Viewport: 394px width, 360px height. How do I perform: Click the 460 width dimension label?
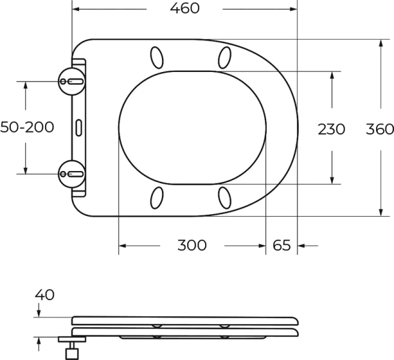[185, 8]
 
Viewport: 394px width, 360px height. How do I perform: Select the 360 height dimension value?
[380, 128]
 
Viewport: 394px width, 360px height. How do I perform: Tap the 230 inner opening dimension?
[331, 128]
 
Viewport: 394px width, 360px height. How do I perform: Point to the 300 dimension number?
[192, 245]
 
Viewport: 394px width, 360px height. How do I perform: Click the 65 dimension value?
[281, 245]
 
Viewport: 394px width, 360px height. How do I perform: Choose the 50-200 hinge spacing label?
[27, 127]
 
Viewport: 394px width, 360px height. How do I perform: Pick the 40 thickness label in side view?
[44, 295]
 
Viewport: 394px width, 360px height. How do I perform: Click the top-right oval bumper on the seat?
[224, 57]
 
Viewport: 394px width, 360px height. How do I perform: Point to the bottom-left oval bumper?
[157, 197]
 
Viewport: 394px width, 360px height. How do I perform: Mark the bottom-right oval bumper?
[224, 197]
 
